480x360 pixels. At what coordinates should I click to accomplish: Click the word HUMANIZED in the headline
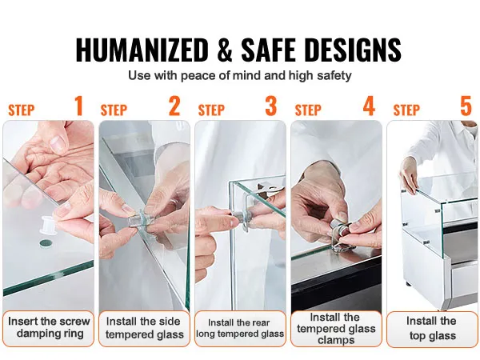[x=142, y=50]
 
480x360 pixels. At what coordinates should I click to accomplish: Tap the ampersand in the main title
[x=225, y=50]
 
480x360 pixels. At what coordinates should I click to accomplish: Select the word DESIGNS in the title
[x=353, y=50]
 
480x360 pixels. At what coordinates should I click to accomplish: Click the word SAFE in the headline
[x=269, y=50]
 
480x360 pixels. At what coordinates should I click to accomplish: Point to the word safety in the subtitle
[x=334, y=75]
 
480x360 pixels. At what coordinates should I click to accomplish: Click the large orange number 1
[x=79, y=106]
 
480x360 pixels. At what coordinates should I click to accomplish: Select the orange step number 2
[x=174, y=106]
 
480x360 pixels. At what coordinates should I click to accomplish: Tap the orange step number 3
[x=271, y=106]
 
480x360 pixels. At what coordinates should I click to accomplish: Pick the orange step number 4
[x=369, y=106]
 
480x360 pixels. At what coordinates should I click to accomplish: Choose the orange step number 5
[x=466, y=106]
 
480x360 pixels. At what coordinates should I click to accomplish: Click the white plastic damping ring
[x=50, y=225]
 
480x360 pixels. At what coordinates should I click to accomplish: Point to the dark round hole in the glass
[x=46, y=243]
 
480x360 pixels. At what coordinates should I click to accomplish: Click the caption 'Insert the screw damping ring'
[x=49, y=327]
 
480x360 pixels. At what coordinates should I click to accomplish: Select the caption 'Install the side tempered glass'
[x=144, y=328]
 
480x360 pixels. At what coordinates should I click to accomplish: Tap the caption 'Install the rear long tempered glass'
[x=240, y=328]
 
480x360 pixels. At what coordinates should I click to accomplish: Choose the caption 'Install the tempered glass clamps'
[x=336, y=329]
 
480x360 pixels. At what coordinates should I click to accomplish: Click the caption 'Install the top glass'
[x=432, y=328]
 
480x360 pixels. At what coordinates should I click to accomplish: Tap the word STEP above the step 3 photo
[x=211, y=110]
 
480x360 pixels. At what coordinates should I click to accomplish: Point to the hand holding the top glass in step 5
[x=409, y=174]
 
